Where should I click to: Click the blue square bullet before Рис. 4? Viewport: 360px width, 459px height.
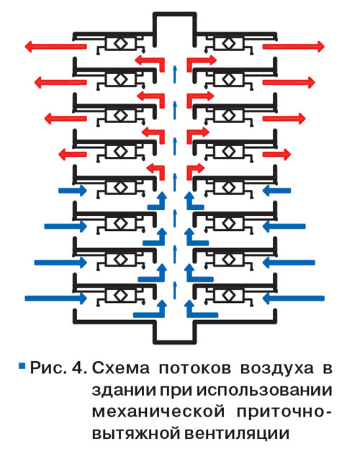pos(22,365)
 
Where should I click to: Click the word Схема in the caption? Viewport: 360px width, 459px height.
pos(121,368)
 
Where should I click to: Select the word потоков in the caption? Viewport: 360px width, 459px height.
pos(195,368)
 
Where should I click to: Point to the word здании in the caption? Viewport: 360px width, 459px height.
pos(124,391)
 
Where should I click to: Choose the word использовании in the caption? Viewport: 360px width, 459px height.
pos(264,390)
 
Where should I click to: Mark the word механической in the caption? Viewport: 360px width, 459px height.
pos(158,412)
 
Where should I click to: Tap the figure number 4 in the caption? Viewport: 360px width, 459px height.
pos(79,368)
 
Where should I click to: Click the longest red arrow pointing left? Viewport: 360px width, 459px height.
pos(55,47)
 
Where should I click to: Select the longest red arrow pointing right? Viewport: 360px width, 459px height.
pos(294,47)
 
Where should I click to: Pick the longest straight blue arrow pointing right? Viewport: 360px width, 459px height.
pos(56,299)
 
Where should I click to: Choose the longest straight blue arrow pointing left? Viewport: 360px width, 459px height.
pos(294,299)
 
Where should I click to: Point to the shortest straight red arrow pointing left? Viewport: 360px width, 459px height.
pos(73,154)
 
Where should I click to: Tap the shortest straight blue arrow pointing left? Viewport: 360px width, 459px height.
pos(276,191)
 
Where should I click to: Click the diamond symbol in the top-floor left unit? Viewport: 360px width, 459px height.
pos(120,44)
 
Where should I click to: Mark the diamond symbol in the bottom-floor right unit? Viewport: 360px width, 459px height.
pos(229,296)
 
